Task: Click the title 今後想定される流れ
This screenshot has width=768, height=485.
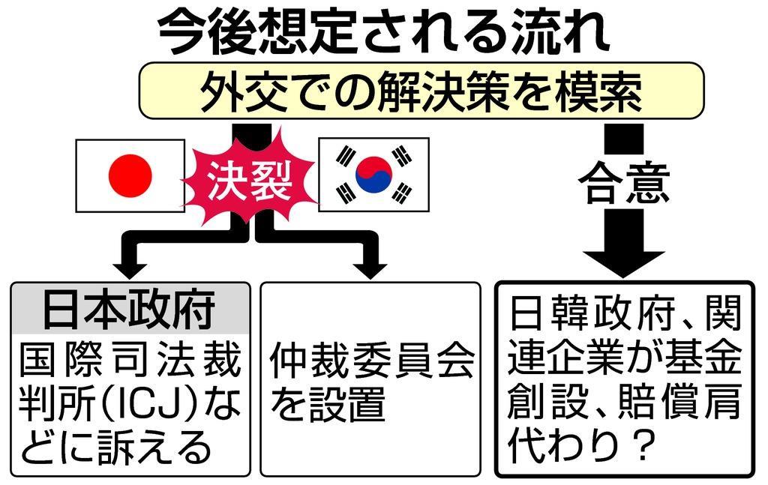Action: click(x=383, y=31)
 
